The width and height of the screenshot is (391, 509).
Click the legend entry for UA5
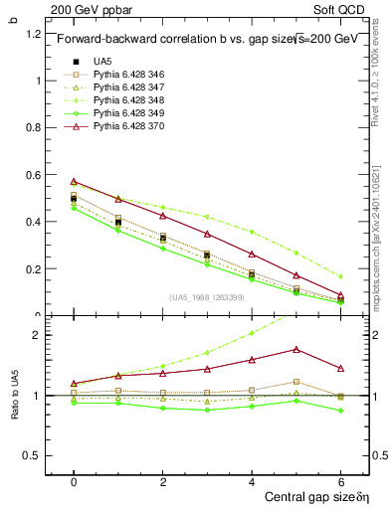[x=102, y=61]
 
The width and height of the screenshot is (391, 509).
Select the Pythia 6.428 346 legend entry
[x=125, y=75]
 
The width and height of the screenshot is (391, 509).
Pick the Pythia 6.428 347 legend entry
[x=125, y=88]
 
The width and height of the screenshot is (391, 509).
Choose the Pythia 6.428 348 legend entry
[x=125, y=102]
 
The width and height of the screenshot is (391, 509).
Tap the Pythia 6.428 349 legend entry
[x=125, y=116]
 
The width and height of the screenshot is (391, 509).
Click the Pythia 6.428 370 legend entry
[x=125, y=130]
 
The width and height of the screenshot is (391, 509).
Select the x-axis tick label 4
[x=252, y=481]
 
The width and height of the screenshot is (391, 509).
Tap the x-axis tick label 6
[x=341, y=481]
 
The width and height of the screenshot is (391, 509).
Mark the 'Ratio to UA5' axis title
[x=14, y=395]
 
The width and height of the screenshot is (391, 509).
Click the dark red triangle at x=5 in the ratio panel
[x=296, y=349]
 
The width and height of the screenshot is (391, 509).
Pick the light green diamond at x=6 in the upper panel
[x=341, y=276]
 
